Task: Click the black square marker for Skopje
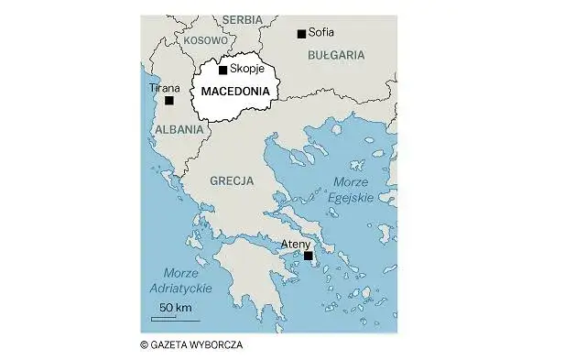pyautogui.click(x=222, y=70)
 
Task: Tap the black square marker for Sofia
pyautogui.click(x=301, y=34)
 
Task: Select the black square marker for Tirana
pyautogui.click(x=168, y=101)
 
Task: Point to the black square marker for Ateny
pyautogui.click(x=308, y=256)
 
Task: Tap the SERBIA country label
pyautogui.click(x=242, y=19)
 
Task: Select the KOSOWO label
pyautogui.click(x=204, y=40)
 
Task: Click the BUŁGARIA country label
pyautogui.click(x=336, y=55)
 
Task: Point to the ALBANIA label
pyautogui.click(x=179, y=129)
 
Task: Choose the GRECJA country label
pyautogui.click(x=232, y=181)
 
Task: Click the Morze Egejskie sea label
pyautogui.click(x=353, y=189)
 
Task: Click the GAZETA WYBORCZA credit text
pyautogui.click(x=192, y=344)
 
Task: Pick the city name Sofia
pyautogui.click(x=322, y=33)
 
